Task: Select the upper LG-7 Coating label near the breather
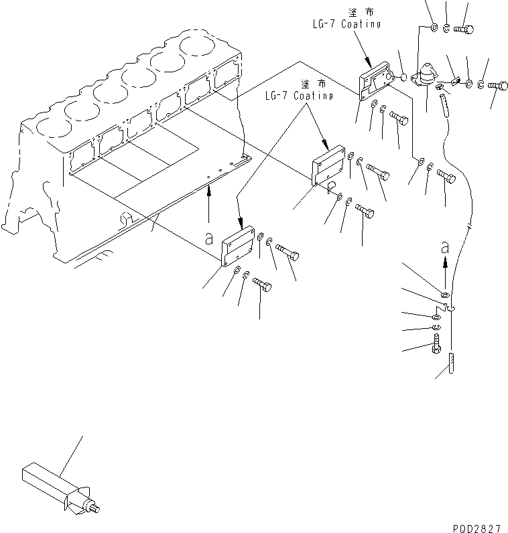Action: pyautogui.click(x=347, y=24)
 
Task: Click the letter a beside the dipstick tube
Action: pyautogui.click(x=445, y=247)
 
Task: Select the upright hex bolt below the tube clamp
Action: pyautogui.click(x=434, y=346)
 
